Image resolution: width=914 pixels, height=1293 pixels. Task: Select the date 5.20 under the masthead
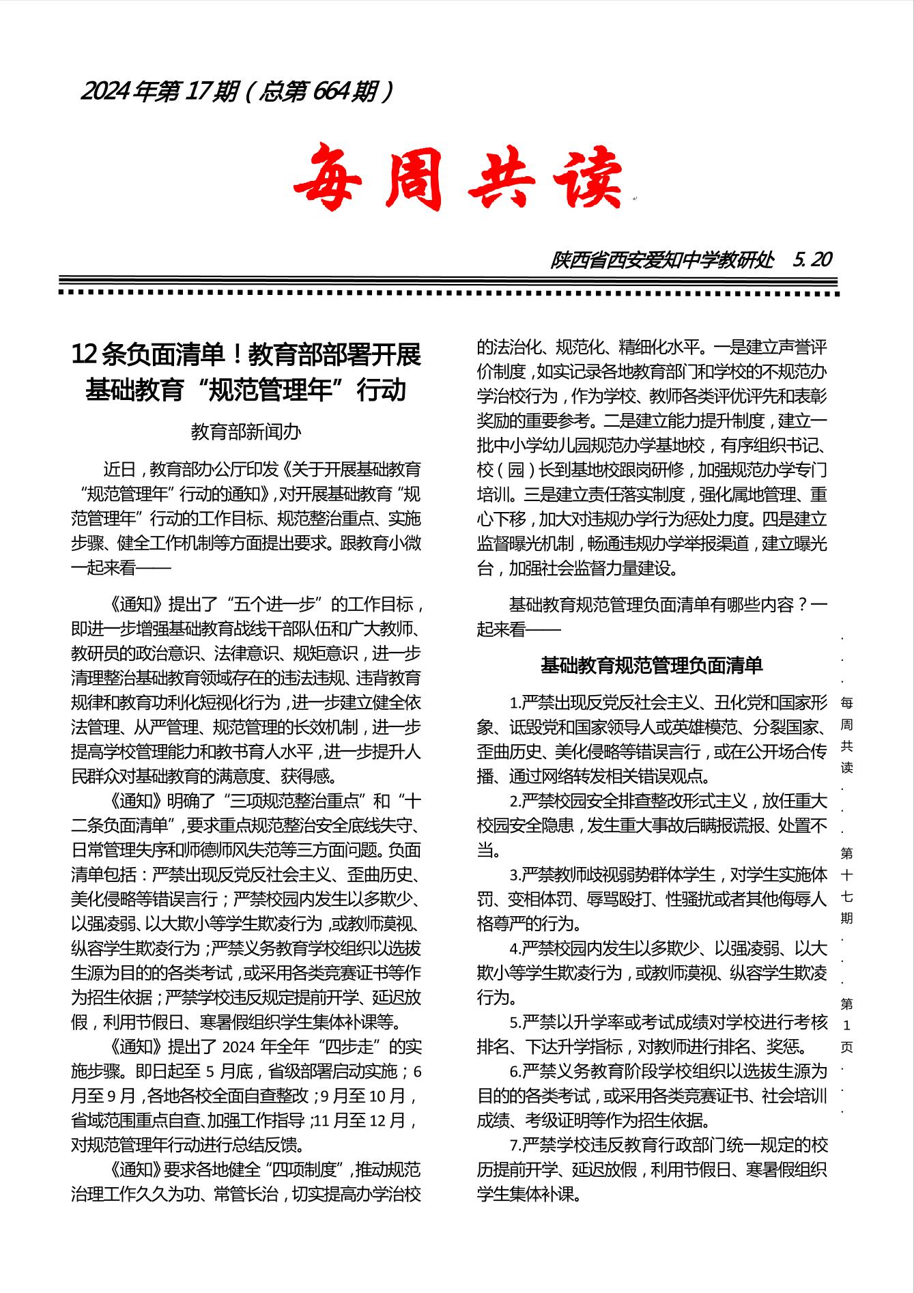pyautogui.click(x=813, y=259)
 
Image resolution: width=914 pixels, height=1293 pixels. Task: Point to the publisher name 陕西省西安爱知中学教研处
pyautogui.click(x=662, y=260)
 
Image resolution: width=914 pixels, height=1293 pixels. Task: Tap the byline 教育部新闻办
pyautogui.click(x=246, y=431)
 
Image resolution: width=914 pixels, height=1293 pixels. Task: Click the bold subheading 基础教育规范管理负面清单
pyautogui.click(x=651, y=665)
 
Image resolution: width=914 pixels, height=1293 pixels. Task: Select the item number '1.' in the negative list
pyautogui.click(x=515, y=702)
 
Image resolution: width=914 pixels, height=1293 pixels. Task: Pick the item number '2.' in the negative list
pyautogui.click(x=515, y=801)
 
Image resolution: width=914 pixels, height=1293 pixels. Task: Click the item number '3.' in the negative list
pyautogui.click(x=515, y=875)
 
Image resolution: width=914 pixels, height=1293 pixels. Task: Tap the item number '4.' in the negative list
pyautogui.click(x=515, y=948)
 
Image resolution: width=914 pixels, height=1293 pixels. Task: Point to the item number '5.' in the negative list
pyautogui.click(x=515, y=1022)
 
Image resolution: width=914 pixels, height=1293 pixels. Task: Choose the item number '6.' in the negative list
pyautogui.click(x=515, y=1071)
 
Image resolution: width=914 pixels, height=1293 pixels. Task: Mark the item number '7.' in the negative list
pyautogui.click(x=515, y=1145)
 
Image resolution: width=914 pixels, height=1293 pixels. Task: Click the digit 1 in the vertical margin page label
pyautogui.click(x=847, y=1025)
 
